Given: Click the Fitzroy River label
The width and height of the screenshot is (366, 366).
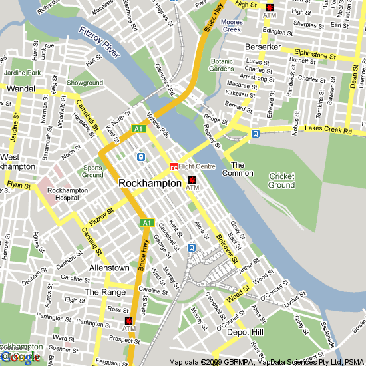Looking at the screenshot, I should tap(102, 41).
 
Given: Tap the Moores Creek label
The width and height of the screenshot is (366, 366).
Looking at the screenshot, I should tap(231, 26).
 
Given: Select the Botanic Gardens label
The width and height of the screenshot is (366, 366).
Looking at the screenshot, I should tap(222, 65).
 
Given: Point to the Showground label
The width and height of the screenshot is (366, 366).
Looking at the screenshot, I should tap(85, 83).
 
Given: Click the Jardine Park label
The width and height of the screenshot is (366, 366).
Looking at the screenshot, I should tap(21, 72).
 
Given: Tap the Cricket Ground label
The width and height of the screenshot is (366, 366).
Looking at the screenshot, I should tap(281, 180).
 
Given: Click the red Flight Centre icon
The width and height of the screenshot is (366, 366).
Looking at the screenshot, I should tap(174, 166).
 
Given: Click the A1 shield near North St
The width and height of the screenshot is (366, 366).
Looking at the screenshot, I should tap(138, 128).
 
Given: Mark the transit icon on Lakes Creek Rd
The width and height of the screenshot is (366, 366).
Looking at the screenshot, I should tap(255, 134).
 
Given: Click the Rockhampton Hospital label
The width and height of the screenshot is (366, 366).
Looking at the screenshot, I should tap(67, 194).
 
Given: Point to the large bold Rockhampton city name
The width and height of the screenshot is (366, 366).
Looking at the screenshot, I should tap(150, 183).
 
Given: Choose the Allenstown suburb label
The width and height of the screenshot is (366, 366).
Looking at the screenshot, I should tap(109, 268).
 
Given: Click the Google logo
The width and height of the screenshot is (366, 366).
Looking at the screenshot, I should tap(20, 357).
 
